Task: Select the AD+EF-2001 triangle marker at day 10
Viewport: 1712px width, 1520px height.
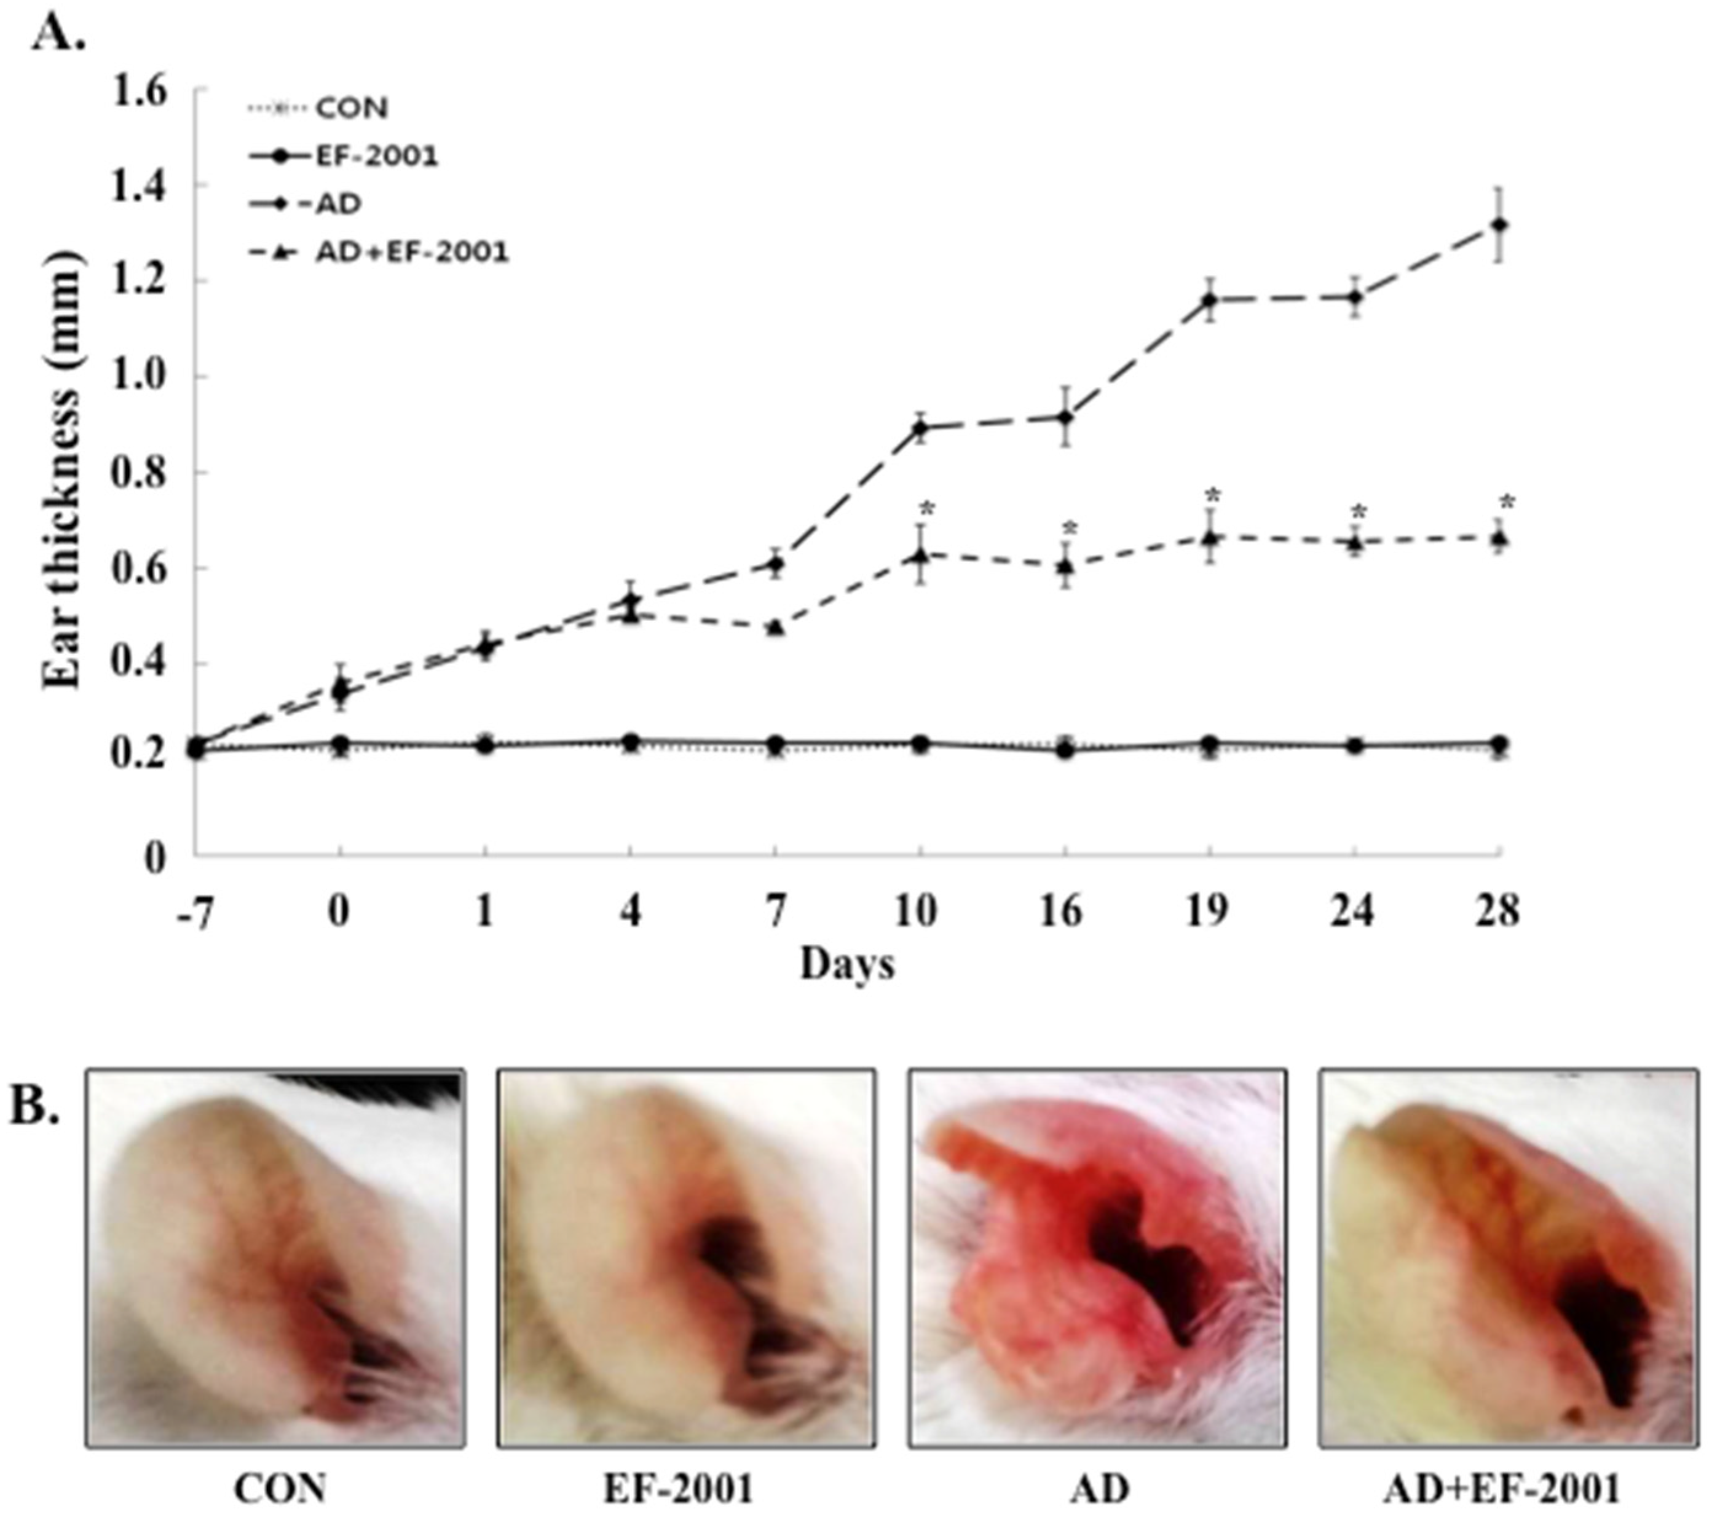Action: (x=920, y=554)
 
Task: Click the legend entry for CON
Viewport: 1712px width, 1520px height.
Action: (x=352, y=108)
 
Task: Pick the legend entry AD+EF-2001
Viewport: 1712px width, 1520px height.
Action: (x=411, y=252)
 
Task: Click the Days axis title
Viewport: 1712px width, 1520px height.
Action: (x=848, y=965)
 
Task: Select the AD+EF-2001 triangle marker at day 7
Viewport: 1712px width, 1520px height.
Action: (x=776, y=626)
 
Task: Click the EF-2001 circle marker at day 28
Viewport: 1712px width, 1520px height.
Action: (x=1499, y=743)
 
